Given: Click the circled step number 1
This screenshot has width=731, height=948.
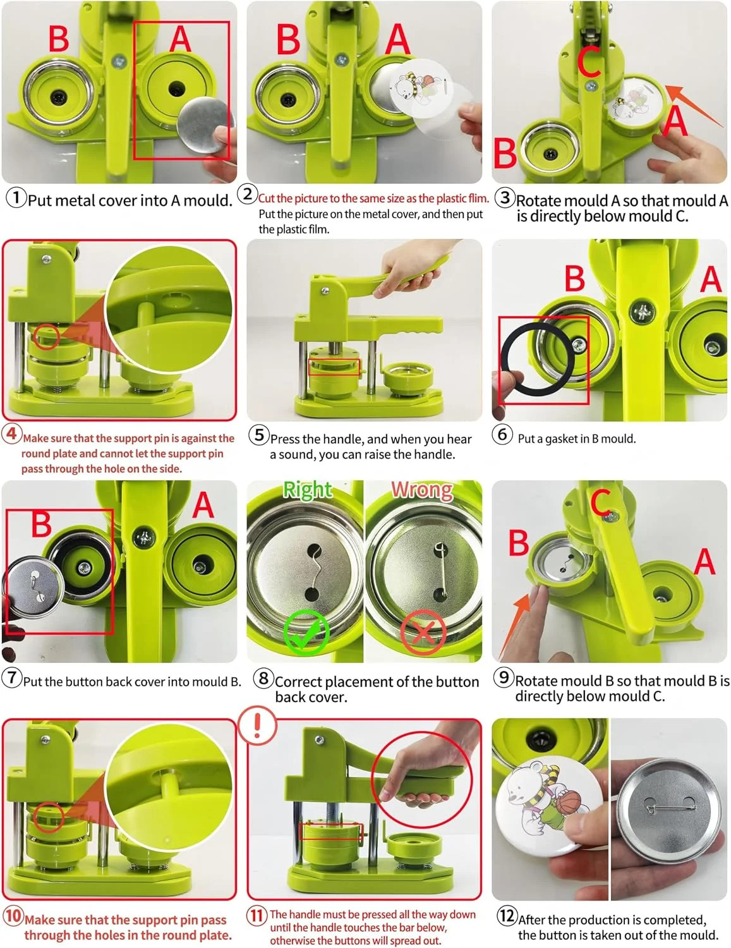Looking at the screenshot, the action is pos(16,198).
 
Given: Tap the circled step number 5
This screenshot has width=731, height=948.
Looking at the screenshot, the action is pos(258,435).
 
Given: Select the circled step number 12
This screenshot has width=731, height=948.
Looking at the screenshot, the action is pos(506,915).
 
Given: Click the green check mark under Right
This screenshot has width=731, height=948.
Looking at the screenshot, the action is pos(305,632).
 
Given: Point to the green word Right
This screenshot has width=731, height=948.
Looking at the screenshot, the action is pos(308,490).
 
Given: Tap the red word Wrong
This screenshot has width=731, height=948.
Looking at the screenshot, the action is pos(422,490).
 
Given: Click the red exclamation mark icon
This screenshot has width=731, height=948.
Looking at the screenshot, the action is pos(257,725).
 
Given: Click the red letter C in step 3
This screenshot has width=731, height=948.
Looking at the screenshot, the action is pos(590,61).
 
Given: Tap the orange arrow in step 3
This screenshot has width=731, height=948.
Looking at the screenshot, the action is pos(694,105).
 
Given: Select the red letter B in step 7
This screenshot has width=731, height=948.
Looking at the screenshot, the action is pos(42,525).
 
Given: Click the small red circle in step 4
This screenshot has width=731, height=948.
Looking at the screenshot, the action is pos(46,337).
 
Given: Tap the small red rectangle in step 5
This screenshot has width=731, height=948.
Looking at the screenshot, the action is pos(334,367).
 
